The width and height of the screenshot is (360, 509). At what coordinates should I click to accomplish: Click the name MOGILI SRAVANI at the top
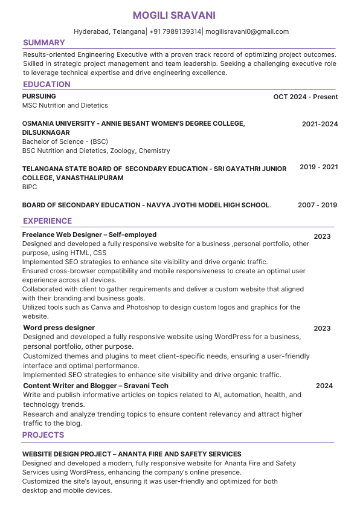pyautogui.click(x=174, y=15)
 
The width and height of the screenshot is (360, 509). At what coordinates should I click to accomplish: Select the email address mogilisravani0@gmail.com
pyautogui.click(x=248, y=31)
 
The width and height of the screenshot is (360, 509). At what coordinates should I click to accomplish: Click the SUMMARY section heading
pyautogui.click(x=43, y=43)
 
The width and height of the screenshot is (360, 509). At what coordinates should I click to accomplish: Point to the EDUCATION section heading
pyautogui.click(x=47, y=85)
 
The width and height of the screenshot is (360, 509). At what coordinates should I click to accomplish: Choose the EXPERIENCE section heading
pyautogui.click(x=47, y=221)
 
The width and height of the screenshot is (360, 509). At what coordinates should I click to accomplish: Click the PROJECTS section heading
pyautogui.click(x=43, y=435)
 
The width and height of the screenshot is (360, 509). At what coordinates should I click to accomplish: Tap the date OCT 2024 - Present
pyautogui.click(x=305, y=97)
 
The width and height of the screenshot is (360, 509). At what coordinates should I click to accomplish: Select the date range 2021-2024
pyautogui.click(x=320, y=124)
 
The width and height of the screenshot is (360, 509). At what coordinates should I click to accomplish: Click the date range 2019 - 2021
pyautogui.click(x=318, y=167)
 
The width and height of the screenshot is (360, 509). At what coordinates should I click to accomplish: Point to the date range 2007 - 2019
pyautogui.click(x=317, y=205)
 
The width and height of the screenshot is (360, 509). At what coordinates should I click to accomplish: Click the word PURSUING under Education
pyautogui.click(x=39, y=96)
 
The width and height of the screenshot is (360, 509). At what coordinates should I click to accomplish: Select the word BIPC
pyautogui.click(x=30, y=187)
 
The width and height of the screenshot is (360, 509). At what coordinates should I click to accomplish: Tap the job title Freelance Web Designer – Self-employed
pyautogui.click(x=89, y=235)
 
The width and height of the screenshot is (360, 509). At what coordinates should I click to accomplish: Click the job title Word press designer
pyautogui.click(x=59, y=328)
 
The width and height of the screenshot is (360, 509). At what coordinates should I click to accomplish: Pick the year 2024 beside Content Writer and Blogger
pyautogui.click(x=324, y=386)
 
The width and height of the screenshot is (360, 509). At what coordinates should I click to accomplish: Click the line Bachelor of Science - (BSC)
pyautogui.click(x=65, y=141)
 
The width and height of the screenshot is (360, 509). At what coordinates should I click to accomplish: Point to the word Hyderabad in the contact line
pyautogui.click(x=91, y=31)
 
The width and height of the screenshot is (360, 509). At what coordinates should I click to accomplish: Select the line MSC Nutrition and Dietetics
pyautogui.click(x=65, y=105)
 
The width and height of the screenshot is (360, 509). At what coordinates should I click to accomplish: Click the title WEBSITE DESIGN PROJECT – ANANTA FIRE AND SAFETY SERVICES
pyautogui.click(x=132, y=454)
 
